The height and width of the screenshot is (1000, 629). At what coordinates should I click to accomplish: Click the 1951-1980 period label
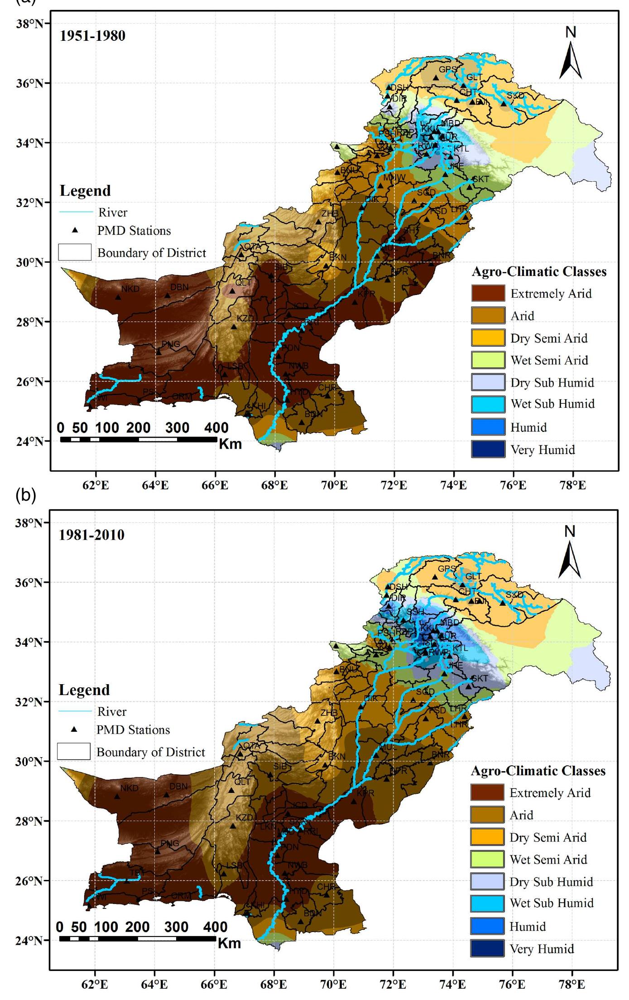pyautogui.click(x=92, y=36)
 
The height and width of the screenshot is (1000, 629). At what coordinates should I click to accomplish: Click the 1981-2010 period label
pyautogui.click(x=91, y=535)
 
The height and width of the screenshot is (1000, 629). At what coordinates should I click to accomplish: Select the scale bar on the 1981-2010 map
pyautogui.click(x=138, y=938)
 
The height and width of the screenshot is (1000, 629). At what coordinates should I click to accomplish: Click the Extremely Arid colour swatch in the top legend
pyautogui.click(x=488, y=293)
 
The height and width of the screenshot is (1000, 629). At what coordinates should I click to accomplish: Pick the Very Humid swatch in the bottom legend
pyautogui.click(x=487, y=948)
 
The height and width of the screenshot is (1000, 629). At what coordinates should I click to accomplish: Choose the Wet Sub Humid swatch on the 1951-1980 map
pyautogui.click(x=488, y=404)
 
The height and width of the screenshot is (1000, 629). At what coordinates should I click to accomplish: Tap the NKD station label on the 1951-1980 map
pyautogui.click(x=130, y=289)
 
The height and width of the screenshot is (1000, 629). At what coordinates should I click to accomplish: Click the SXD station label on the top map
pyautogui.click(x=515, y=96)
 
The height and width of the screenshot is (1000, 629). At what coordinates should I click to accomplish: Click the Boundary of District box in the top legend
pyautogui.click(x=75, y=252)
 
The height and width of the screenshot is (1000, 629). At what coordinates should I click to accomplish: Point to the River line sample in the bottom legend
pyautogui.click(x=75, y=711)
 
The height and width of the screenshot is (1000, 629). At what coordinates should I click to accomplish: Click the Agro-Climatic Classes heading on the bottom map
pyautogui.click(x=538, y=771)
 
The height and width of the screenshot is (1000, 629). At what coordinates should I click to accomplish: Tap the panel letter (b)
pyautogui.click(x=25, y=495)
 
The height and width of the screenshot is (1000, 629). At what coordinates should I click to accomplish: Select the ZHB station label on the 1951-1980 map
pyautogui.click(x=330, y=213)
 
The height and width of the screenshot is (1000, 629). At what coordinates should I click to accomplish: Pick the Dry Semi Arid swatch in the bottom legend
pyautogui.click(x=487, y=837)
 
